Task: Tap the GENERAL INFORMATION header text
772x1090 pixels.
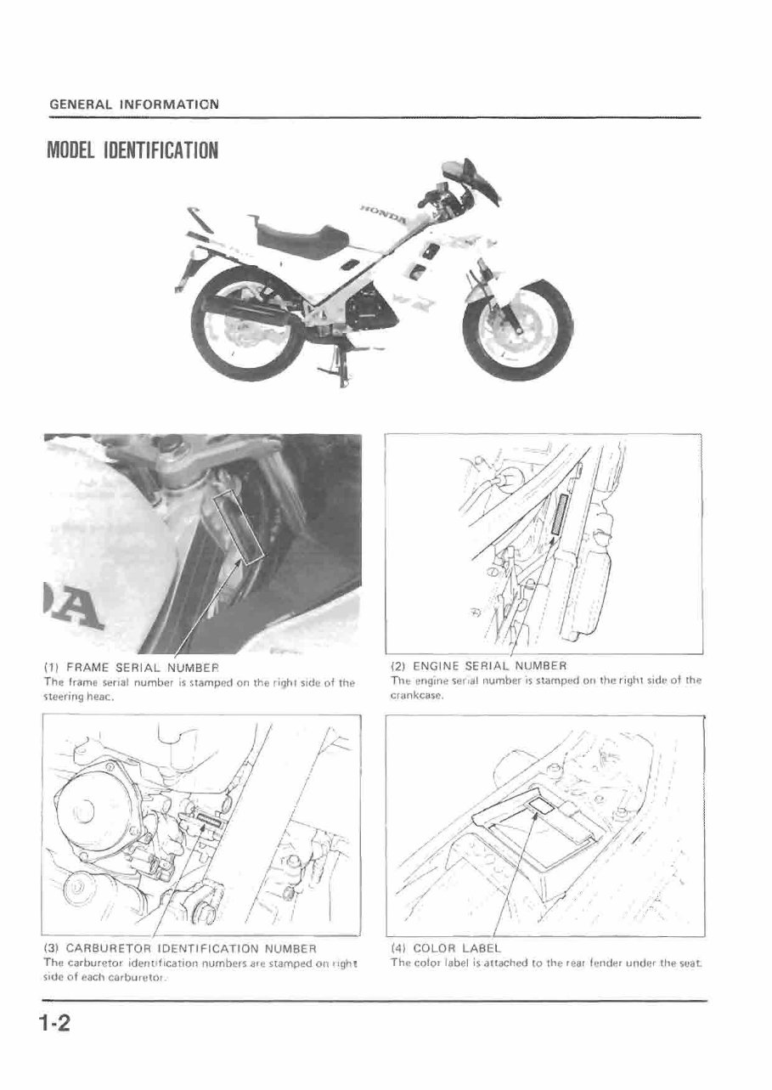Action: point(133,104)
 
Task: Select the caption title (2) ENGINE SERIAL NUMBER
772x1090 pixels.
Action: point(477,665)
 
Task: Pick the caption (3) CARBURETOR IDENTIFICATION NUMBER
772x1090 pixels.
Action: point(179,947)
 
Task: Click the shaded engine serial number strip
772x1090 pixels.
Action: point(557,514)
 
